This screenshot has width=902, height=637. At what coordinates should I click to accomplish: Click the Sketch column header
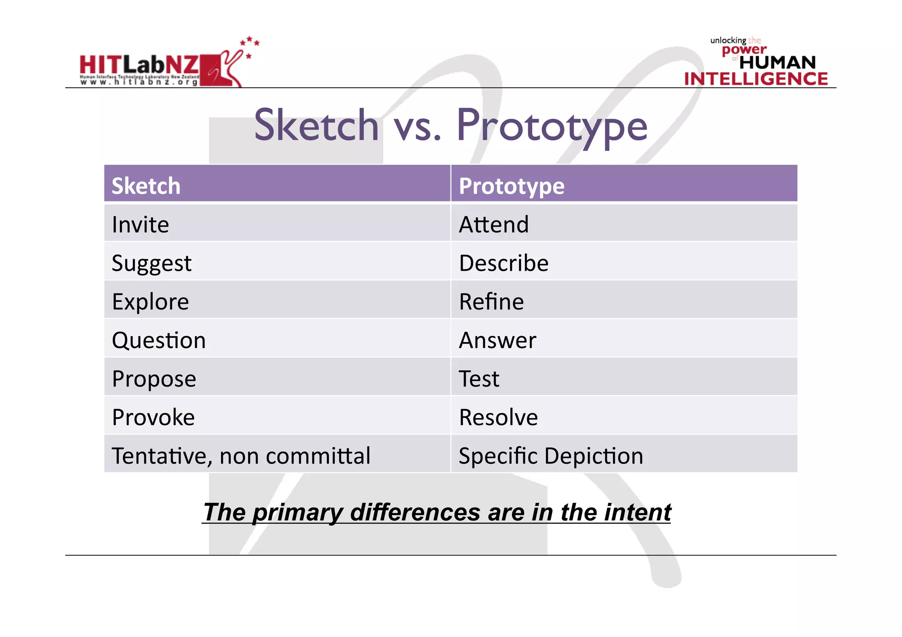pos(146,186)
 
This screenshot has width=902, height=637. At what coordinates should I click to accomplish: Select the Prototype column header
pos(511,186)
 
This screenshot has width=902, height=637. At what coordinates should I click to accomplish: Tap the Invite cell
pos(140,225)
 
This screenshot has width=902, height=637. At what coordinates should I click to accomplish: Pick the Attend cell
pos(494,225)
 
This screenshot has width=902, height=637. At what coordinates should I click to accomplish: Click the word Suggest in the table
pos(152,263)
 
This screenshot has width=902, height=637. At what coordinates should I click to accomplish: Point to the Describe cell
pos(504,263)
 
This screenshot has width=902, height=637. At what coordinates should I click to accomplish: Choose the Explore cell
pos(150,302)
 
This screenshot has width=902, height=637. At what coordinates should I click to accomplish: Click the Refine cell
pos(492,302)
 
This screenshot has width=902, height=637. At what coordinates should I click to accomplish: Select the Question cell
pos(159,340)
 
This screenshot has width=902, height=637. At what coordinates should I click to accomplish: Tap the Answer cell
pos(498,340)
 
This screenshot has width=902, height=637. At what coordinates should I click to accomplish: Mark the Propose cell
pos(154,379)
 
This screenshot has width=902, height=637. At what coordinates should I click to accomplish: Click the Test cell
pos(479,379)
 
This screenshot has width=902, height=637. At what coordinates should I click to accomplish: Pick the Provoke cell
pos(153,417)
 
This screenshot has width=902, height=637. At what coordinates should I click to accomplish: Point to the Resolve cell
pos(498,417)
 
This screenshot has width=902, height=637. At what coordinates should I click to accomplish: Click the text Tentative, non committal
pos(241,456)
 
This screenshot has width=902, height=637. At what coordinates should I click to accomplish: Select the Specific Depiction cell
pos(551,456)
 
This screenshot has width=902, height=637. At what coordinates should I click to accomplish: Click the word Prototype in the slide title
pos(552,126)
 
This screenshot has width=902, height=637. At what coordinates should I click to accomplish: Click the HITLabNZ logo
pos(167,66)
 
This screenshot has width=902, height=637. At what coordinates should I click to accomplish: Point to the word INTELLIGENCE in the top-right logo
pos(756,79)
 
